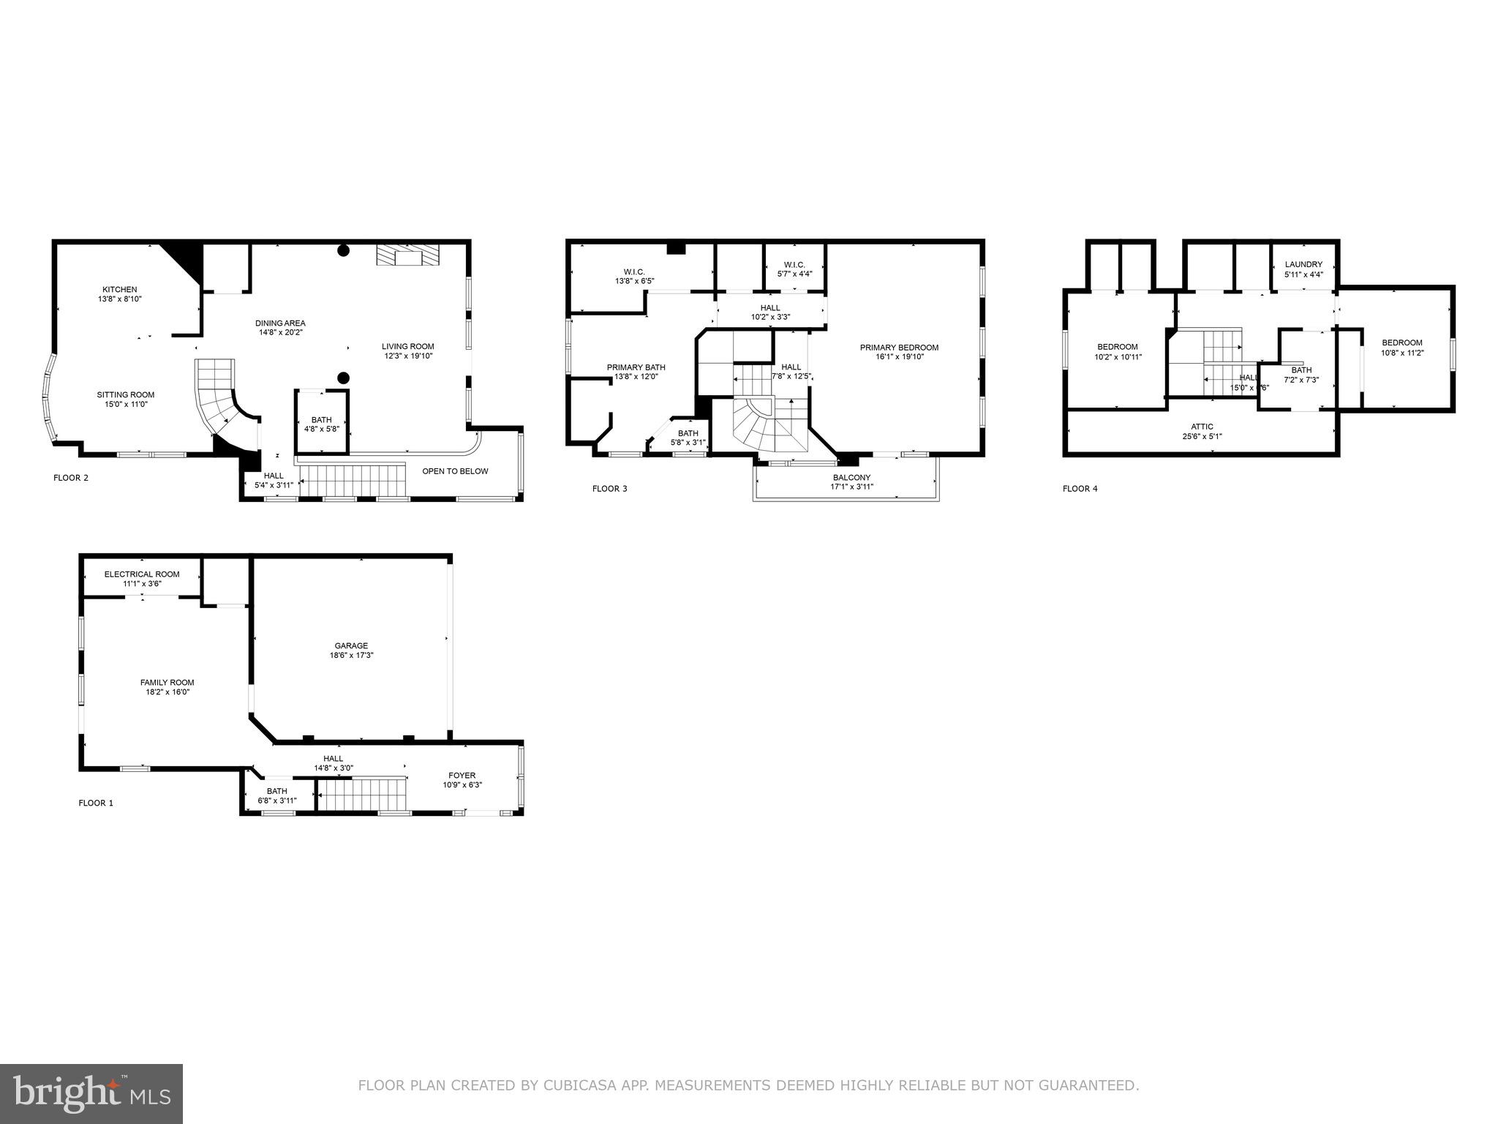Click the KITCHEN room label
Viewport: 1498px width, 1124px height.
point(119,290)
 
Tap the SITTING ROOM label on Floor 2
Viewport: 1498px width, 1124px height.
point(126,395)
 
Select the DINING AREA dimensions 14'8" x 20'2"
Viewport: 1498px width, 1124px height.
point(280,332)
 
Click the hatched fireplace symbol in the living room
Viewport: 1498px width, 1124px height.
point(409,255)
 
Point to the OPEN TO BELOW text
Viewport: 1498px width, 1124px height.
point(455,471)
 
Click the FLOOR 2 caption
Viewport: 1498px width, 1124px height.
point(71,478)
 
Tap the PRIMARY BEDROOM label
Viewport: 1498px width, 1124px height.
point(899,348)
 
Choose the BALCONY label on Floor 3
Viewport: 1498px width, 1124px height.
point(851,477)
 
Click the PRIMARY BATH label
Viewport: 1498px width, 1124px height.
point(636,367)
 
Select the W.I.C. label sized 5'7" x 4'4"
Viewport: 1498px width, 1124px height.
point(794,265)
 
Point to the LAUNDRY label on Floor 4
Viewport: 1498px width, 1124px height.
point(1303,265)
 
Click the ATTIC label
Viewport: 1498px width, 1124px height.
point(1202,427)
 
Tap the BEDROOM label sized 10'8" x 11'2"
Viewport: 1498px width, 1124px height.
point(1401,342)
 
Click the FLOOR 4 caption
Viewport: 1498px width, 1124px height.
point(1080,489)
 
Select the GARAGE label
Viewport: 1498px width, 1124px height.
point(351,645)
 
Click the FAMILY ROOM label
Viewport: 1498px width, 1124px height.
point(168,682)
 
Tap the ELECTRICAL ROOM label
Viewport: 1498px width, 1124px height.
point(142,574)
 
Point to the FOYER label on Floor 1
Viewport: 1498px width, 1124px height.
point(462,776)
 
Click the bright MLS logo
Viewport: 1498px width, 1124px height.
point(91,1094)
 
